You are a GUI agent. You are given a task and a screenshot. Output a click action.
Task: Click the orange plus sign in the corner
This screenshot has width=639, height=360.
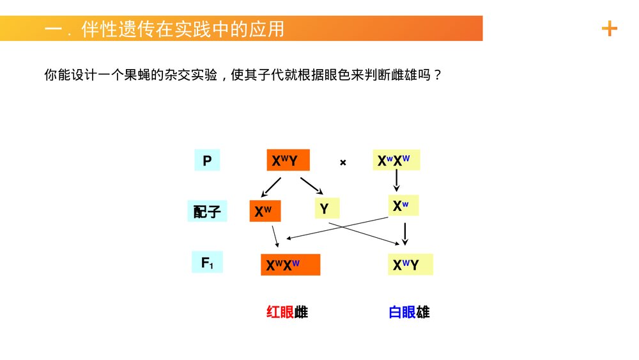610,29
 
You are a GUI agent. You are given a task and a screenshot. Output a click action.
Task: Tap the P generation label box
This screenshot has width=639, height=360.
207,160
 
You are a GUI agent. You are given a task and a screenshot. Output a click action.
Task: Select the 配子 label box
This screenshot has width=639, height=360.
207,212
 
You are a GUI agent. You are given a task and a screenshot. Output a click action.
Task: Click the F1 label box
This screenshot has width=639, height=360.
207,262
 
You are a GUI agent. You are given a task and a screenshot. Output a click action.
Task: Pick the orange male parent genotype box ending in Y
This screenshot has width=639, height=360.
288,160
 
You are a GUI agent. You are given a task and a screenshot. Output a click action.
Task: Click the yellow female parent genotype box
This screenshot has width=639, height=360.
396,160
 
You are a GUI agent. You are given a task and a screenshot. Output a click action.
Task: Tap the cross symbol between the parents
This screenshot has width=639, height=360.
343,162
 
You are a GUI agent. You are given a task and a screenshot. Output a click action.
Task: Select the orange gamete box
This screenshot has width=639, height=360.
265,211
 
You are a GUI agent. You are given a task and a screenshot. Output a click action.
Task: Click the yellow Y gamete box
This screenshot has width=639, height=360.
327,208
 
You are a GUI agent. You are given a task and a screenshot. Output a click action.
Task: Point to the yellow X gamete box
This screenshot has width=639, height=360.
403,206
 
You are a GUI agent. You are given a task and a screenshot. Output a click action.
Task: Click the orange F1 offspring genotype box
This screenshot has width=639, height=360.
290,264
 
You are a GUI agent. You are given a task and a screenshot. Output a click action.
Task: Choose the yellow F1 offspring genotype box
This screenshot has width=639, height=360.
410,264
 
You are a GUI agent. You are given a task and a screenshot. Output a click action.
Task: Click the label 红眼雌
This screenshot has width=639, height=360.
287,312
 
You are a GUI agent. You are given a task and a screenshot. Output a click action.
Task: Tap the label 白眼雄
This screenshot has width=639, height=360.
409,312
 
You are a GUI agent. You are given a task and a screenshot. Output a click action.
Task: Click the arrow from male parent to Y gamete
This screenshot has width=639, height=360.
312,185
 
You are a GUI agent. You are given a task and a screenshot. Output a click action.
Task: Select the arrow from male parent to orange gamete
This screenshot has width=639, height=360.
270,187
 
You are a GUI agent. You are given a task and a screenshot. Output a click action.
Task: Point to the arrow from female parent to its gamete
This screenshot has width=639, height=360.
396,181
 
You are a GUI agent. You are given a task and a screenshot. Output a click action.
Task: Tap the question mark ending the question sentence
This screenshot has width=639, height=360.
437,75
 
